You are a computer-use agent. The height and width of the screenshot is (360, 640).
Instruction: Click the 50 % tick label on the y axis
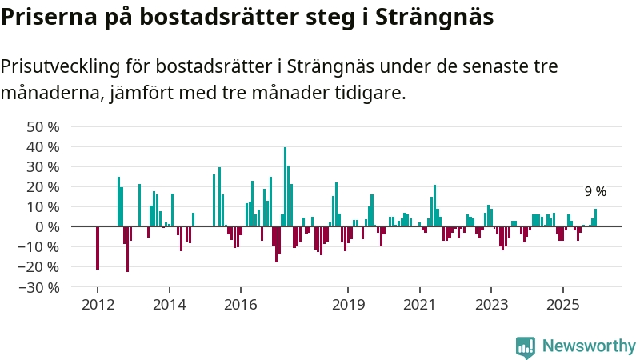click(42, 127)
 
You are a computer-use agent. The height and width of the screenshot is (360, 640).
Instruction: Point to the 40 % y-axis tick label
click(42, 147)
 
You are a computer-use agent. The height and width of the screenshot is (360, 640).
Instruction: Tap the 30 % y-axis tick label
click(42, 167)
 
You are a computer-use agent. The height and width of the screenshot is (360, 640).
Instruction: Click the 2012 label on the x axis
click(98, 305)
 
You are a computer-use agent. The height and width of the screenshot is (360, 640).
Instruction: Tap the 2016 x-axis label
click(240, 305)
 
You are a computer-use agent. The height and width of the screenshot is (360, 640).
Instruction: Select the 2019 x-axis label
click(347, 305)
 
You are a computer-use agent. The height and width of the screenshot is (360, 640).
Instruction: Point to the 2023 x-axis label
click(491, 305)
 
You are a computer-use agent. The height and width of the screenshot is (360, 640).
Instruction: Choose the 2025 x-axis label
click(562, 305)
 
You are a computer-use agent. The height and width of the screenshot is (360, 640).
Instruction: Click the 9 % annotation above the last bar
click(594, 192)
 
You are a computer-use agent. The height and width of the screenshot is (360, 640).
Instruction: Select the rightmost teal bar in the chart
click(595, 218)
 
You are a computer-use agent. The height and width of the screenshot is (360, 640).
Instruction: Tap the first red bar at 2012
click(98, 248)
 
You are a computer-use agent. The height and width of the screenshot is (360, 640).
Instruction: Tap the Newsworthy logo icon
click(526, 346)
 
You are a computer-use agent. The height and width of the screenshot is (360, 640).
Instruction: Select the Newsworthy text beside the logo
click(589, 346)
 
